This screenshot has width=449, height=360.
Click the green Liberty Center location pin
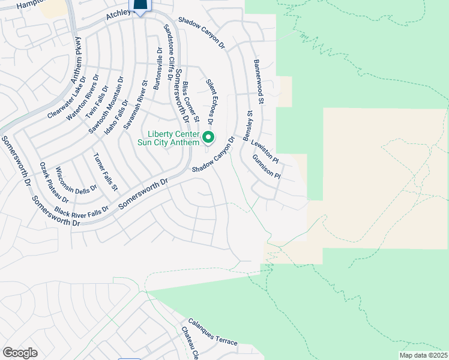pos(208,138)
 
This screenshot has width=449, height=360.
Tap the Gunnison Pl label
pos(267,167)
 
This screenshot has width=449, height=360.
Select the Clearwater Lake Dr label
pos(67,97)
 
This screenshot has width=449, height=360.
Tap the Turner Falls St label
pos(105,173)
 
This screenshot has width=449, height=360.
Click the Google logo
pos(20,352)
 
